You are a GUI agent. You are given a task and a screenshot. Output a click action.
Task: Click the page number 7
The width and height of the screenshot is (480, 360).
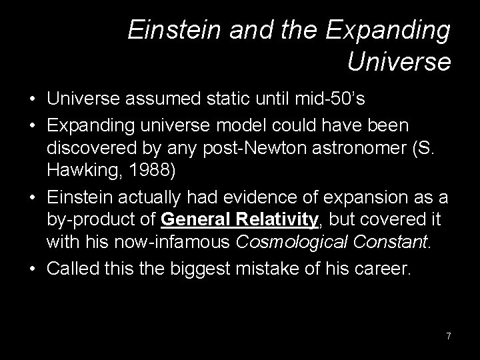pos(449,336)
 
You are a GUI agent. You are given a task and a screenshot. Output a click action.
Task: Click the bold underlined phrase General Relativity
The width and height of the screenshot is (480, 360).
pos(237,220)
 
